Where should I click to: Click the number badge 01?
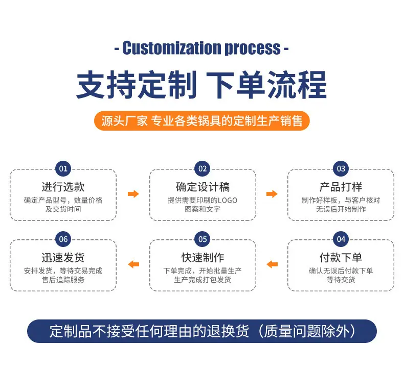pos(63,169)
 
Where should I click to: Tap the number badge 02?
pos(203,169)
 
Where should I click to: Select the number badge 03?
pos(341,169)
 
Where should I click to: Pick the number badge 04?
pos(341,239)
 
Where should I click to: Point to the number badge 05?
pos(203,239)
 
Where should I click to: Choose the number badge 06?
pos(63,239)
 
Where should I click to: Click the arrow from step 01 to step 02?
pos(133,194)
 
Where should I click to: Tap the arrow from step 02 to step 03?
pos(272,194)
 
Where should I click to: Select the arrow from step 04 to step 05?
pos(272,264)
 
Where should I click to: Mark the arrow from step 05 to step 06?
pos(133,264)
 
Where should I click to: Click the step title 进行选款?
pos(63,187)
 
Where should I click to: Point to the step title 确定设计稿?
pos(203,187)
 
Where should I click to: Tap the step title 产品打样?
pos(341,187)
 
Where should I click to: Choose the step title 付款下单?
pos(341,257)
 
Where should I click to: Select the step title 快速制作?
pos(203,257)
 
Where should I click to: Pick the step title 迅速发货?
pos(63,257)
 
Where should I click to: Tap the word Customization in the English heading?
pos(172,48)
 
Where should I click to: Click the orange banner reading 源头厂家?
pos(201,121)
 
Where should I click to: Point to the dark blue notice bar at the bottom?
pos(202,331)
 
